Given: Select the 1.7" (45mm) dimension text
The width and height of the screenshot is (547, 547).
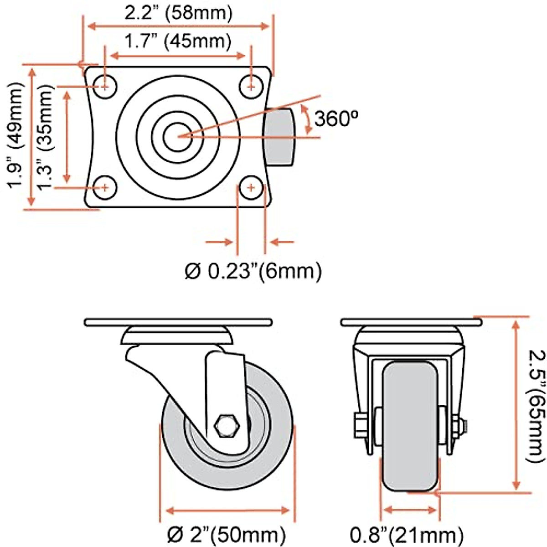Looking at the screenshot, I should tap(178, 42).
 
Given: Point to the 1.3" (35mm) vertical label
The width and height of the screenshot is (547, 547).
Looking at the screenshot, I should tap(46, 137).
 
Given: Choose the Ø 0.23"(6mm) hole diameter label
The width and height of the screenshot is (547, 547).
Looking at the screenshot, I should tap(253, 271).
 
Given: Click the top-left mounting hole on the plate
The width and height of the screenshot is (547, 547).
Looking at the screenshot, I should tap(105, 85).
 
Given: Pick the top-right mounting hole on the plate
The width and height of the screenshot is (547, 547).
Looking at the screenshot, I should tap(251, 85).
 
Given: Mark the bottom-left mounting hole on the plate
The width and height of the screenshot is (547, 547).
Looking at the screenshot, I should tap(105, 186).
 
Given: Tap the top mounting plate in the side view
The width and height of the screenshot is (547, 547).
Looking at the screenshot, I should tap(178, 322).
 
